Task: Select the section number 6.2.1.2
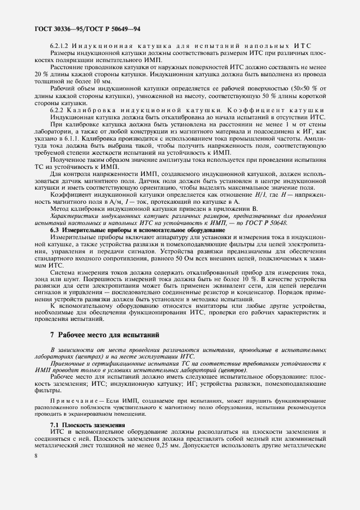[59, 45]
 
